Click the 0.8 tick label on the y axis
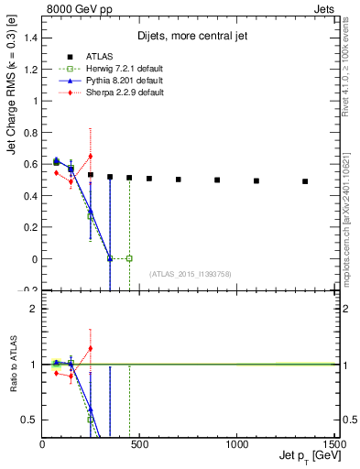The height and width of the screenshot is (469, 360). (x=29, y=131)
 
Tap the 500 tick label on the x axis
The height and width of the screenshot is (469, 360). (x=139, y=444)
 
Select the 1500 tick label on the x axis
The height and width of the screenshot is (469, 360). (x=333, y=444)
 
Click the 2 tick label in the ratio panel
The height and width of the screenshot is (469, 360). (x=33, y=309)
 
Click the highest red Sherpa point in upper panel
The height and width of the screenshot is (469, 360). (x=90, y=156)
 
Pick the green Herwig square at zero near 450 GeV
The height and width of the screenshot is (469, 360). (x=129, y=258)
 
